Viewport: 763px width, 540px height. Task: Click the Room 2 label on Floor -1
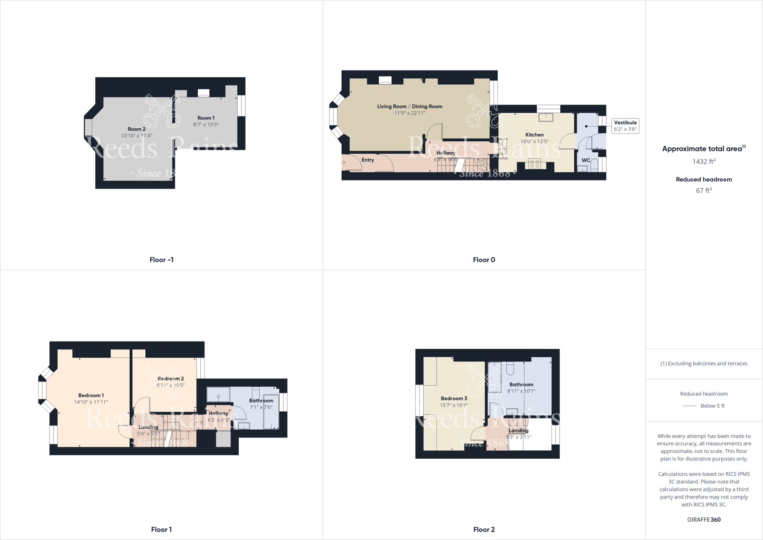136,129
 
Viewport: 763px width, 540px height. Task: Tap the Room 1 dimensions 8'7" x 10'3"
206,125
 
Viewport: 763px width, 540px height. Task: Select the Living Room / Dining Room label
409,106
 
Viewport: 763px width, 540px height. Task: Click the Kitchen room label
534,135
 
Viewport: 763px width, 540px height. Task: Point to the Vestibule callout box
625,126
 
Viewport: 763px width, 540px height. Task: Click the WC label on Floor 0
586,160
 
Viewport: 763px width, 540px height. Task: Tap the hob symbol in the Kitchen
535,163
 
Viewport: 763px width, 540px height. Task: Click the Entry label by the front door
367,160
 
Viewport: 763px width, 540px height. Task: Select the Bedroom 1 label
91,395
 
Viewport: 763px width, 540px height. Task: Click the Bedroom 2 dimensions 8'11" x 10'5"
171,385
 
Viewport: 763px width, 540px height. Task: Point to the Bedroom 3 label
454,398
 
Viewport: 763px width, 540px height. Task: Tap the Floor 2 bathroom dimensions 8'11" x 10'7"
521,391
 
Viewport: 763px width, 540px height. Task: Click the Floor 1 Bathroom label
261,401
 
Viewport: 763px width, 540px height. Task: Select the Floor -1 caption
161,260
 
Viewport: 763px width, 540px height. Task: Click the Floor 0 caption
484,260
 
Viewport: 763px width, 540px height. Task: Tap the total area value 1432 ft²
704,161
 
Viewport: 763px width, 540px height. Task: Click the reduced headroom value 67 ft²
704,190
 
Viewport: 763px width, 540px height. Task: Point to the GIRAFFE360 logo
704,519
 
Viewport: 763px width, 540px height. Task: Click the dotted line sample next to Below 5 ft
690,406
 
